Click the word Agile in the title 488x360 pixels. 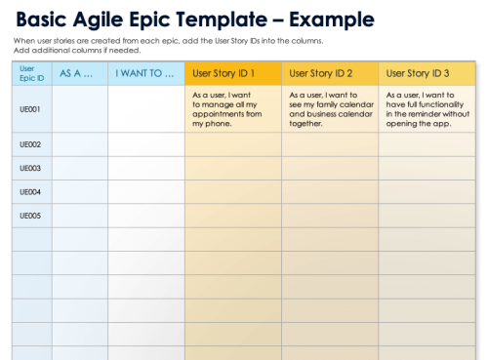tap(104, 19)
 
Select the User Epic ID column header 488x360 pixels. tap(29, 73)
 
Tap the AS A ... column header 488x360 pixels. tap(77, 73)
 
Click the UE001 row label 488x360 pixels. tap(30, 109)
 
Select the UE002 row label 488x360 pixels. tap(30, 144)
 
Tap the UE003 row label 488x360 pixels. tap(30, 168)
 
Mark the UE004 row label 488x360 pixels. tap(30, 191)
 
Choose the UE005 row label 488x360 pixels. tap(30, 216)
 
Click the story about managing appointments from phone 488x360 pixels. tap(231, 109)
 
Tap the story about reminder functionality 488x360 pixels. tap(427, 109)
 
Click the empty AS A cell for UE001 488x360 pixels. tap(80, 109)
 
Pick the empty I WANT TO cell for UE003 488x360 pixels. tap(145, 168)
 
